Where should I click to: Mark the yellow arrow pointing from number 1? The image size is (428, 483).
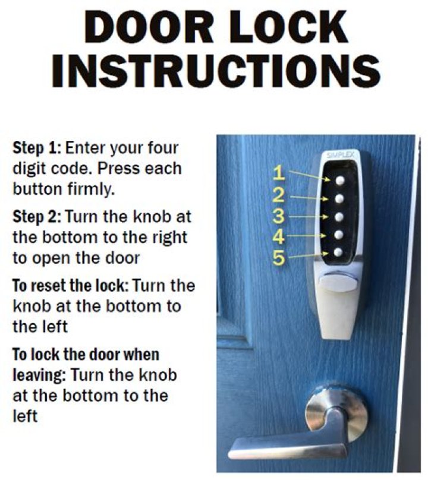[308, 175]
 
